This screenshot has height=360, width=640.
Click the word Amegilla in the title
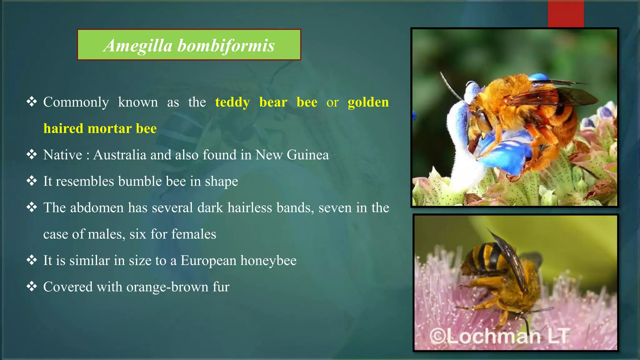click(x=138, y=46)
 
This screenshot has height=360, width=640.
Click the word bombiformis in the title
click(x=226, y=46)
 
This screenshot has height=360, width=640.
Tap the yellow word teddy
click(x=232, y=102)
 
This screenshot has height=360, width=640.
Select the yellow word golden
click(x=368, y=102)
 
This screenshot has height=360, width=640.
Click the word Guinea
click(x=308, y=155)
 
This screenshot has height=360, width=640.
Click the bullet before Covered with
click(x=32, y=286)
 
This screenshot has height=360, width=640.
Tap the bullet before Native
click(x=32, y=154)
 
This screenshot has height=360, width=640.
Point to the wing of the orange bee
click(x=562, y=95)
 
